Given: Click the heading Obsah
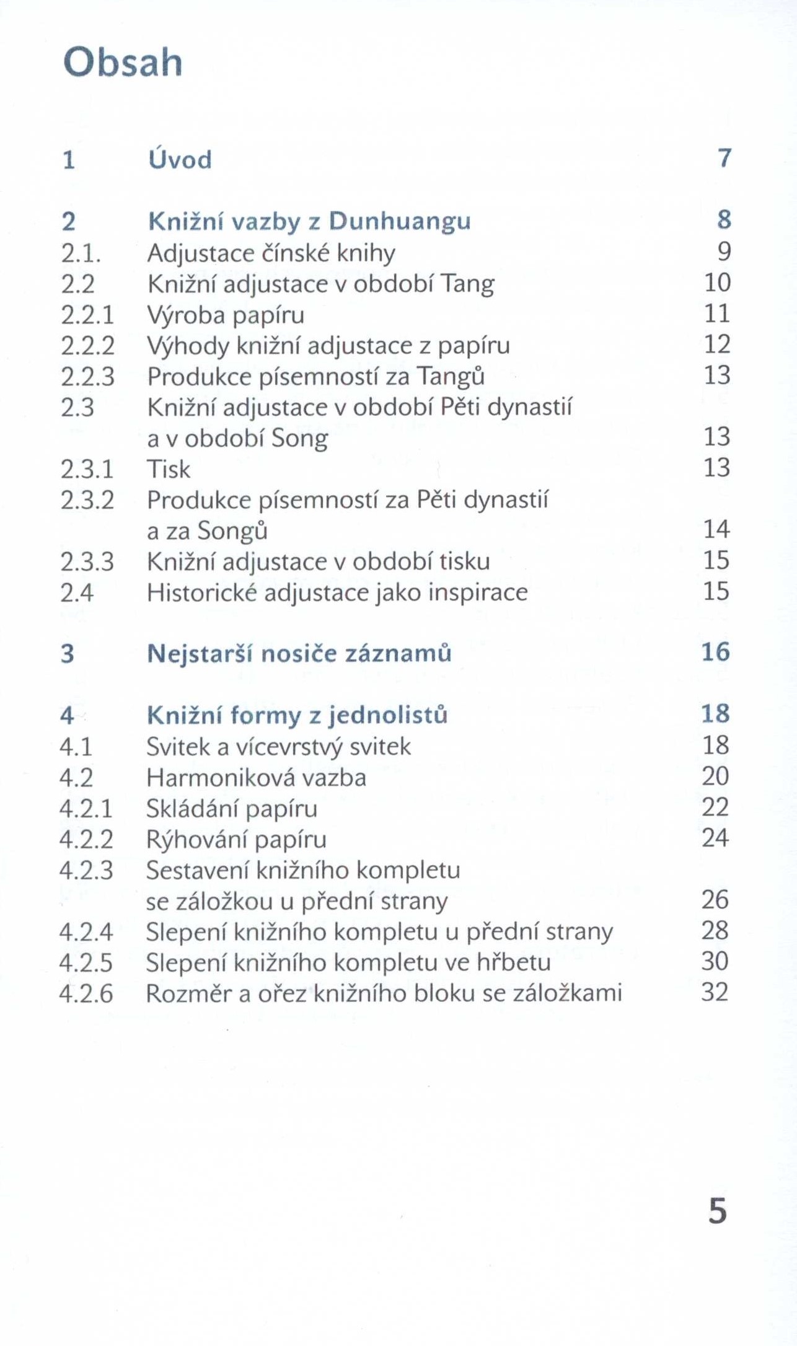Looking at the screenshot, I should coord(123,63).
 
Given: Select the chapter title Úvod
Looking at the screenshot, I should coord(180,159).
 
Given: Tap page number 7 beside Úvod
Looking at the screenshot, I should coord(724,158).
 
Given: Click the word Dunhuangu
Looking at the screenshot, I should coord(400,221).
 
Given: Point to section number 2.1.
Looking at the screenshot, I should coord(81,253).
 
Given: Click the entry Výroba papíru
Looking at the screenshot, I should coord(226,315).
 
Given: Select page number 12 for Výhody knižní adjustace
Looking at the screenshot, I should coord(717,344).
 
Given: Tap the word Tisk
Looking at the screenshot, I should coord(169,469).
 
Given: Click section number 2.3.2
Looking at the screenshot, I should coord(87,500).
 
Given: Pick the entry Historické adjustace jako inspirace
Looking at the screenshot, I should coord(337,592).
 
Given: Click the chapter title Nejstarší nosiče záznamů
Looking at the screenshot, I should coord(299,654).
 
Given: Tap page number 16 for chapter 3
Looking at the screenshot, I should coord(716,652).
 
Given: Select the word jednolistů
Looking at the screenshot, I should coord(388,715).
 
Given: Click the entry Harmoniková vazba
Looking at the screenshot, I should coord(256,778).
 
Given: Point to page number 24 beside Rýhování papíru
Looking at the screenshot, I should coord(715,838).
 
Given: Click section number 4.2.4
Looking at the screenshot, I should coord(86,931).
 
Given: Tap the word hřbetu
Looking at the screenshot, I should coord(514,962).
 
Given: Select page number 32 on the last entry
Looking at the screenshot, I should coord(714,992).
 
